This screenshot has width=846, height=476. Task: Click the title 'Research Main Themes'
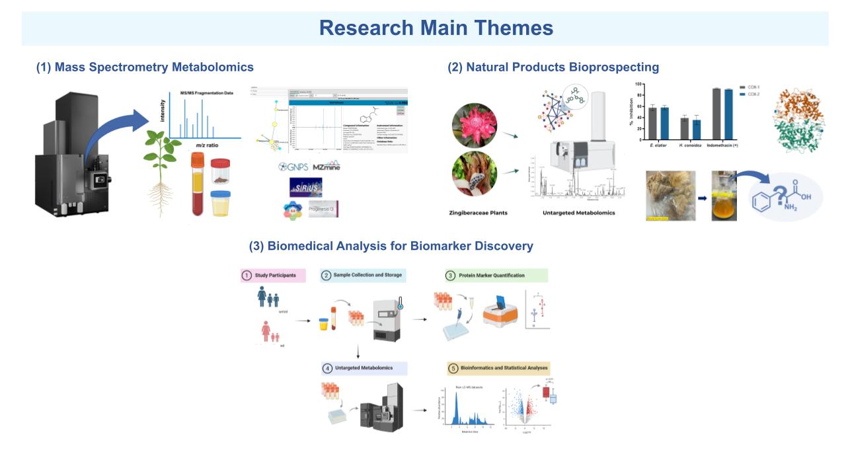coord(436,28)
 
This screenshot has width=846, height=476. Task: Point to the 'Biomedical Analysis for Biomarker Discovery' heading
coord(391,246)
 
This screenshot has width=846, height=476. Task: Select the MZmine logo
coord(326,167)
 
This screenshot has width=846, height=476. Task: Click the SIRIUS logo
coord(305,187)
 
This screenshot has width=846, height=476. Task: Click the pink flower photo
coord(475,125)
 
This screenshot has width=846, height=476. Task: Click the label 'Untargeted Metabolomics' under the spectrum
coord(579,213)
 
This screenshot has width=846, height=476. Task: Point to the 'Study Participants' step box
coord(273,275)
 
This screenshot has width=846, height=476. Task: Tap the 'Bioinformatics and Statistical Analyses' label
coord(498,368)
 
